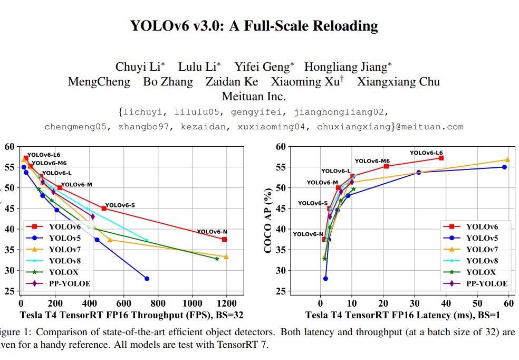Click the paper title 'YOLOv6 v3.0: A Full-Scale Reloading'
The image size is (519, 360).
point(254,26)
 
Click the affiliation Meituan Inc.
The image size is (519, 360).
point(254,97)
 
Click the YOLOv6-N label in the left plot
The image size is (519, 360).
point(212,232)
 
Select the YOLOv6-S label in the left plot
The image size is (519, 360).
point(120,205)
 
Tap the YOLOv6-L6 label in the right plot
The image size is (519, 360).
point(426,153)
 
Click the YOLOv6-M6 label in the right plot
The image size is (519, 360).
point(372,161)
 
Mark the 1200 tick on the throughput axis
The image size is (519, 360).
point(227,304)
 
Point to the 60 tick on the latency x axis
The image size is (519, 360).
point(508,304)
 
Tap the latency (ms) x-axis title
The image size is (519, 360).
point(402,316)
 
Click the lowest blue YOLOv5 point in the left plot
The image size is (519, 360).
point(147,279)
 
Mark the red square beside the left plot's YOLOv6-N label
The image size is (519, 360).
point(224,239)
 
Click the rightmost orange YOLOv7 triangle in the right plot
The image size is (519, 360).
point(507,160)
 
